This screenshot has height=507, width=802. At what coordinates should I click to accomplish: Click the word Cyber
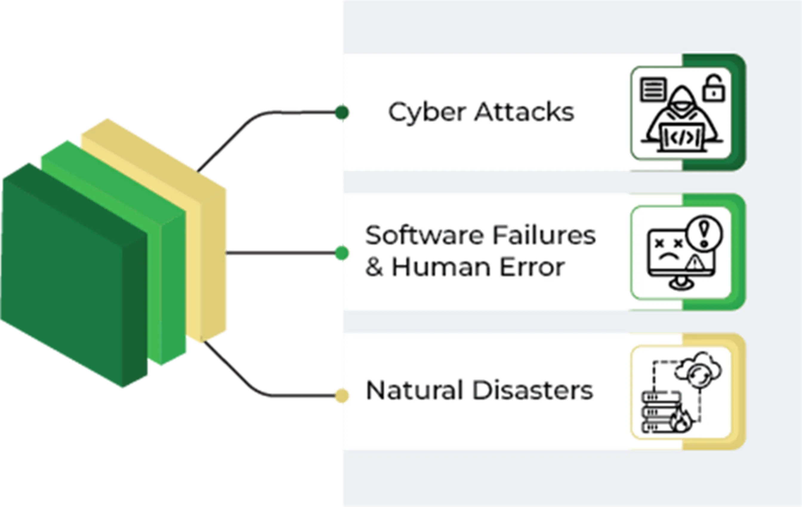pyautogui.click(x=427, y=112)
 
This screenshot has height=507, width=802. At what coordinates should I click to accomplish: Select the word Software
pyautogui.click(x=424, y=236)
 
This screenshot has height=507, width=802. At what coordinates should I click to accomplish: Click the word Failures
pyautogui.click(x=544, y=236)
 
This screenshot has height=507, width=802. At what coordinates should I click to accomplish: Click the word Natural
pyautogui.click(x=414, y=390)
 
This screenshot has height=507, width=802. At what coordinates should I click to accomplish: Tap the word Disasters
pyautogui.click(x=533, y=390)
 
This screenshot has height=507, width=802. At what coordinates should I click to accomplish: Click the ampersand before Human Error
pyautogui.click(x=374, y=268)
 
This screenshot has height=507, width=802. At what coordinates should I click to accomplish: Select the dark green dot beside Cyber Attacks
pyautogui.click(x=341, y=112)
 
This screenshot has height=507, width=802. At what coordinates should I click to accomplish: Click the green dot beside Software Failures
pyautogui.click(x=341, y=253)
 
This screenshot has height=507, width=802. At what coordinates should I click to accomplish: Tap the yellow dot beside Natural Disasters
pyautogui.click(x=341, y=395)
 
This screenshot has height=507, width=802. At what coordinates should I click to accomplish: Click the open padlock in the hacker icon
pyautogui.click(x=713, y=89)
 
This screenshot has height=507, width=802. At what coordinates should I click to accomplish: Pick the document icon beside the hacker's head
pyautogui.click(x=653, y=89)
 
